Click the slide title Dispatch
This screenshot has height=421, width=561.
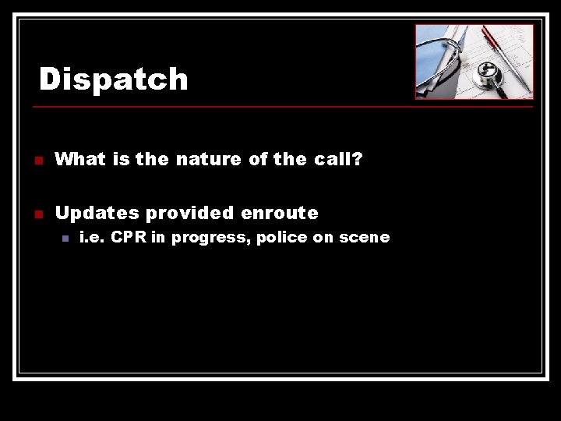click(x=114, y=79)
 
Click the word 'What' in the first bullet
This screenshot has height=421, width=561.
click(x=81, y=159)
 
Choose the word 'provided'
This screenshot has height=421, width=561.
click(x=191, y=213)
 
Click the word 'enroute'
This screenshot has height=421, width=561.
click(x=280, y=212)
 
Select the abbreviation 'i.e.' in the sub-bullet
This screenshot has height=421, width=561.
click(x=92, y=238)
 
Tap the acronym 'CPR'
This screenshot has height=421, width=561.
click(x=129, y=238)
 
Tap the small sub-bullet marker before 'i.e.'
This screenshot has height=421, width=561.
click(x=65, y=239)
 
